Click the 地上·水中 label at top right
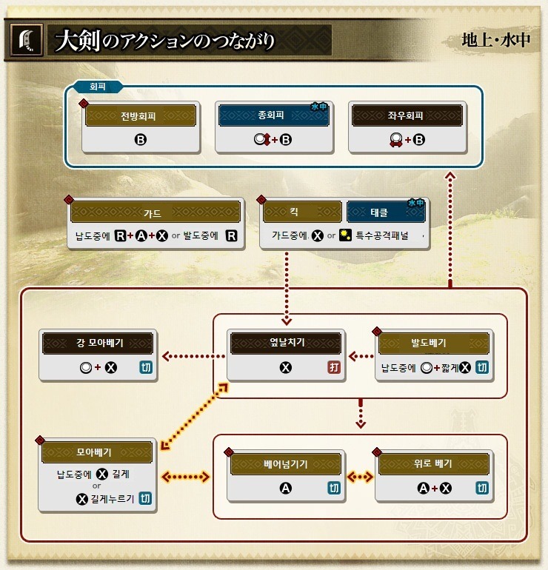(495, 40)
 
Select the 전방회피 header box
(141, 115)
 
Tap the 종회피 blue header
(274, 115)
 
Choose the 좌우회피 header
(407, 115)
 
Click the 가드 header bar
(156, 212)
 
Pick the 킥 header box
(304, 212)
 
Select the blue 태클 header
(386, 212)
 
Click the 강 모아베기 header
(98, 343)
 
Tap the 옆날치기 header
(285, 343)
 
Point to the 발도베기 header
(433, 343)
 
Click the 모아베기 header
(98, 452)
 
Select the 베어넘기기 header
(285, 464)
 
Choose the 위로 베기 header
(433, 464)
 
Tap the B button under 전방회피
(141, 138)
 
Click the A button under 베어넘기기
(285, 488)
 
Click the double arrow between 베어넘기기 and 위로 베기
(360, 477)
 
